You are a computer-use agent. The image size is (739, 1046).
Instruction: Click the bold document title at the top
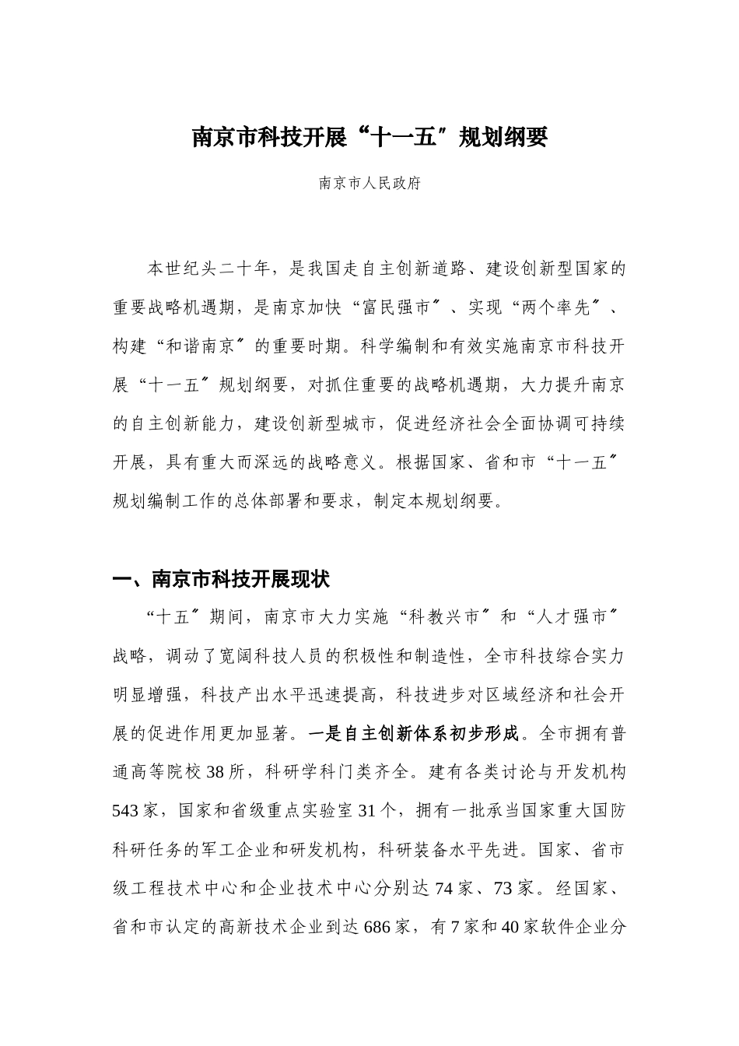point(369,138)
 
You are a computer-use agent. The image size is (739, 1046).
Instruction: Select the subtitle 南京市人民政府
point(369,184)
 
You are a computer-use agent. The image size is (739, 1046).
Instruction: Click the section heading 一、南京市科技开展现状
point(222,579)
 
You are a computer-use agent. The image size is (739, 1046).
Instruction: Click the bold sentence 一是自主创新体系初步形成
point(412,733)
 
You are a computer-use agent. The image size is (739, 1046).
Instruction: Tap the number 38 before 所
point(215,772)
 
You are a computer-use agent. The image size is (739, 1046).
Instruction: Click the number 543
point(125,811)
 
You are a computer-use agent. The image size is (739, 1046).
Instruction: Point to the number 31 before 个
point(366,811)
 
